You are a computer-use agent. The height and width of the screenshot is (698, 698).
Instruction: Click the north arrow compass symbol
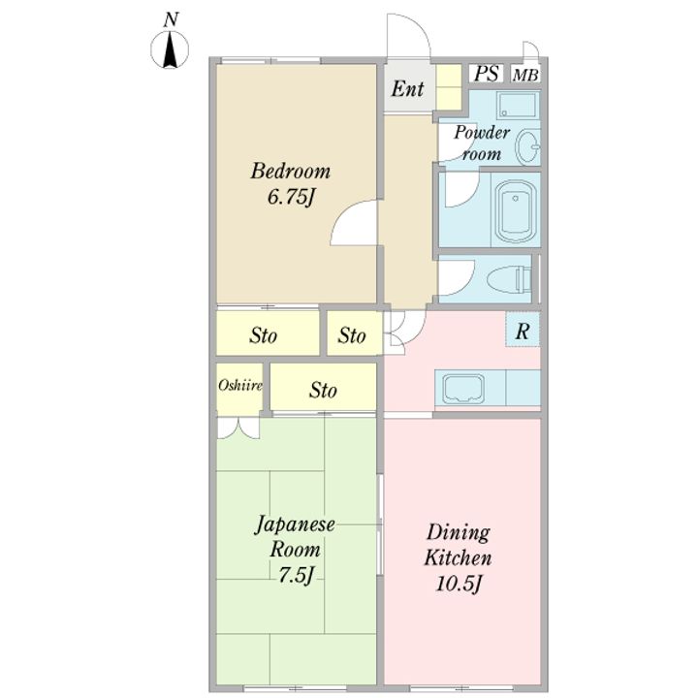(170, 49)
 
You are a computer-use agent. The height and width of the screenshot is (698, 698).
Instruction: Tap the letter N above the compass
(171, 19)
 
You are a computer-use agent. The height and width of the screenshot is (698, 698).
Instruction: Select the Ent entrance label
(407, 88)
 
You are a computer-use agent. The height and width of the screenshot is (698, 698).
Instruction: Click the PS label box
(486, 74)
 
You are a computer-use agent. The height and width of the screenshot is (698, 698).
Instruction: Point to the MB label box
(525, 75)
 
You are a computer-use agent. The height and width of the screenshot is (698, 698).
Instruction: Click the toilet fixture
(509, 279)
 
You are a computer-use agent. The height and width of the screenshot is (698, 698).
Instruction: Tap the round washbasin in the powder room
(528, 146)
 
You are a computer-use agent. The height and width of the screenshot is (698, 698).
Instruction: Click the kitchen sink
(463, 387)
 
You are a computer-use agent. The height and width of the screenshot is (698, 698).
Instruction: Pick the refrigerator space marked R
(523, 330)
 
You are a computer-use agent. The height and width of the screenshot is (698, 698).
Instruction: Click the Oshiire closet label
(240, 385)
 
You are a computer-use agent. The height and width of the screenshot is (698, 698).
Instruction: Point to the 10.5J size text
(459, 584)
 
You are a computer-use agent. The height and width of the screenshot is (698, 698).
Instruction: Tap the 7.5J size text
(297, 575)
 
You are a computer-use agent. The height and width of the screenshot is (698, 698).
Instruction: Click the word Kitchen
(458, 557)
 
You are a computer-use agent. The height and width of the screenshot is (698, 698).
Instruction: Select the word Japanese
(295, 524)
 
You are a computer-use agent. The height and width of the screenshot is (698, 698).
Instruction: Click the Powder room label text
(482, 143)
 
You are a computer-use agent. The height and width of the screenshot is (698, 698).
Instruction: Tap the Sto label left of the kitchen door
(352, 335)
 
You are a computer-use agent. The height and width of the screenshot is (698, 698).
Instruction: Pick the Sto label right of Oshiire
(323, 391)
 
